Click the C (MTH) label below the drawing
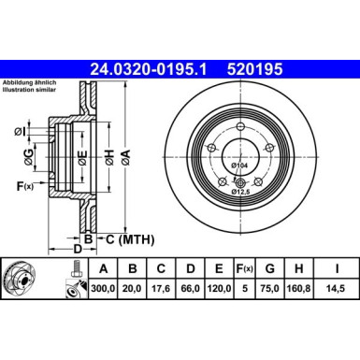(x=129, y=239)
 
